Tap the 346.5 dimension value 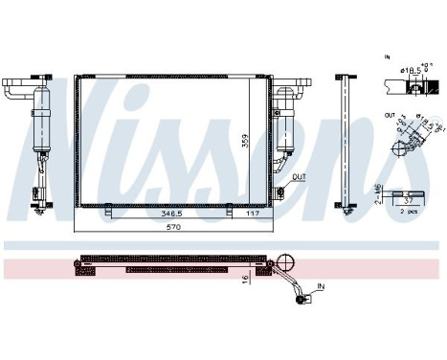(x=173, y=214)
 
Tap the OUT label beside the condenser (x=300, y=177)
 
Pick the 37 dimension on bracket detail (x=409, y=201)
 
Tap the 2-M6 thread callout (x=380, y=196)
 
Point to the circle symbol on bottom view (x=285, y=259)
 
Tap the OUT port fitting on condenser (x=286, y=182)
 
